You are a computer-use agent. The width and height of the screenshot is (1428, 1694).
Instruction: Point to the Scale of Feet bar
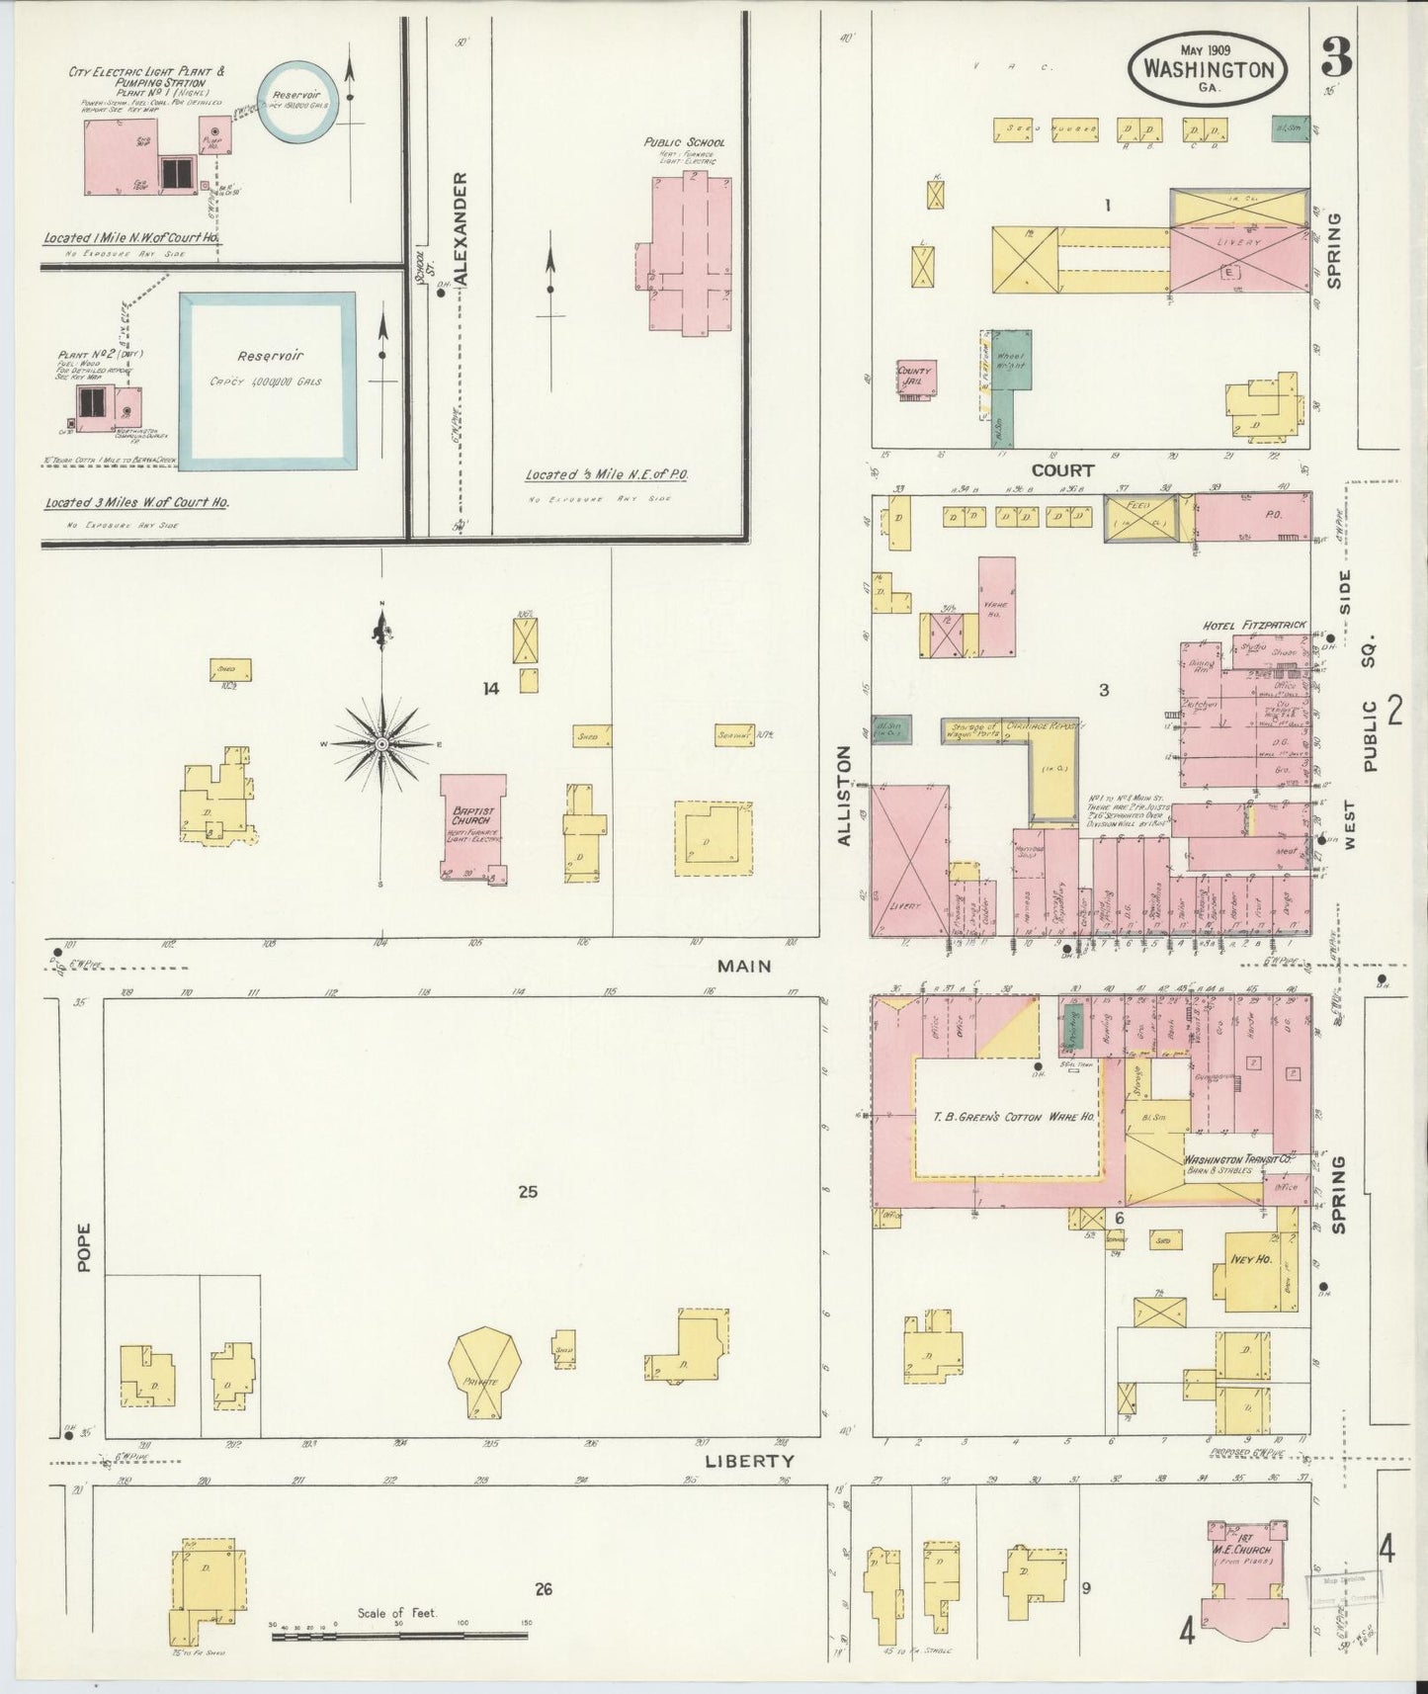[x=399, y=1636]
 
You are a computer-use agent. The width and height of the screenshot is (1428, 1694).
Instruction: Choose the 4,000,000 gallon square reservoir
[x=267, y=381]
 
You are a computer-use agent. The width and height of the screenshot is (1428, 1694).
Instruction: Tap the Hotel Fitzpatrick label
[x=1254, y=626]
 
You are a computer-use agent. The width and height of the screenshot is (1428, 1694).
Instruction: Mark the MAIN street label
[x=745, y=966]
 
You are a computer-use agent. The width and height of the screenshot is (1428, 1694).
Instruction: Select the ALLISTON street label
[x=844, y=796]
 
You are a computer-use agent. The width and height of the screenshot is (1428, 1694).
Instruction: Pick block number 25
[x=528, y=1192]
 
